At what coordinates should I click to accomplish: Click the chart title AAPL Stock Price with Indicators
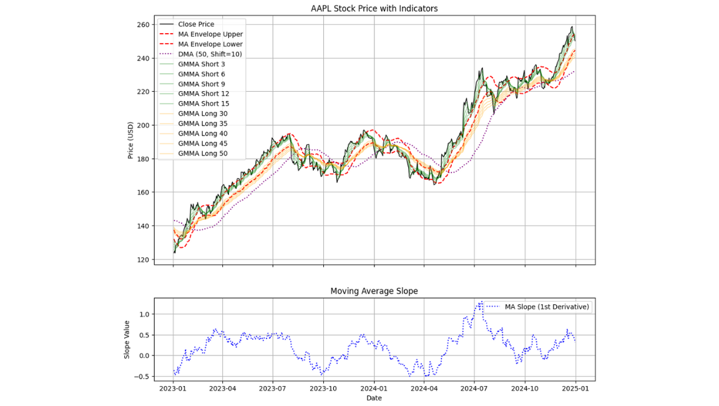(374, 9)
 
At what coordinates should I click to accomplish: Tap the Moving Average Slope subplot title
(374, 291)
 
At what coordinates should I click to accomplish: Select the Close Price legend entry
(196, 24)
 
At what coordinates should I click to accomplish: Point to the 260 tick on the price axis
(144, 25)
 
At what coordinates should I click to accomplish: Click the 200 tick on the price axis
(144, 126)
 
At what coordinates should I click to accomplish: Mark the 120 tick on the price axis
(144, 260)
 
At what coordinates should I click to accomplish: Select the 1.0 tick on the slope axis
(145, 314)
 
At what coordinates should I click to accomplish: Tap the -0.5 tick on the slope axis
(142, 377)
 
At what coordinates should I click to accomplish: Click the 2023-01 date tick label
(173, 389)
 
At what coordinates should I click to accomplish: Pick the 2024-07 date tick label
(474, 389)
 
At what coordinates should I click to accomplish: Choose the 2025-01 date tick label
(575, 389)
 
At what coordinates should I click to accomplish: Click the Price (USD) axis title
(130, 141)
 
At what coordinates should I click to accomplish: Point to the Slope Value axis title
(127, 340)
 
